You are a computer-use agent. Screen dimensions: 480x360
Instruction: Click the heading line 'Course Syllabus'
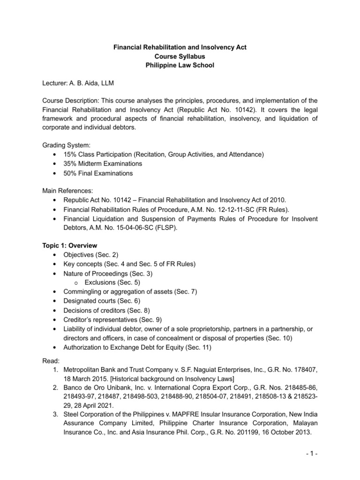[180, 56]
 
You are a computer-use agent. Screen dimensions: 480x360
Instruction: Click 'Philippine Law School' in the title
[180, 65]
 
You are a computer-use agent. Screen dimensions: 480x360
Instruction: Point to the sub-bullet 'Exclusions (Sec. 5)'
[112, 282]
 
